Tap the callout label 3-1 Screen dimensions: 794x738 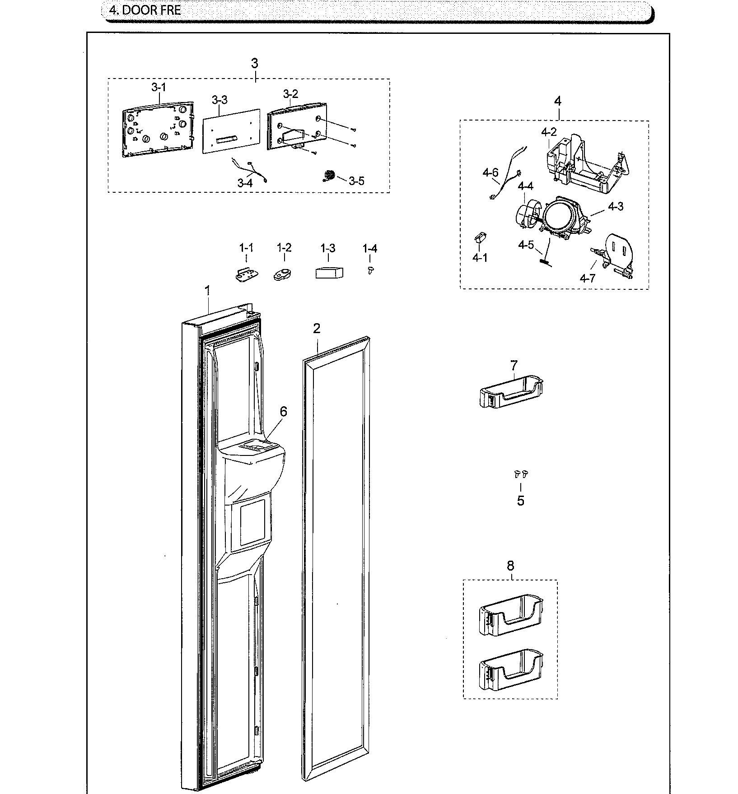tap(158, 87)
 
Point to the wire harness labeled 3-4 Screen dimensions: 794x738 tap(249, 172)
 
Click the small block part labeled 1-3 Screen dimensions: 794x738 tap(329, 273)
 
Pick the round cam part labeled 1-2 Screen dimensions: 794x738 tap(283, 274)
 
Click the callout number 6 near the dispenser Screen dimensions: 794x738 tap(283, 411)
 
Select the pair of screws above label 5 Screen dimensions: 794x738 tap(521, 474)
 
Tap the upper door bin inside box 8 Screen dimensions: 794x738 tap(510, 615)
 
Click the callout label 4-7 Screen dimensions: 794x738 tap(588, 278)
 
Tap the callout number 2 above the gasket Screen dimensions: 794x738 tap(317, 329)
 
